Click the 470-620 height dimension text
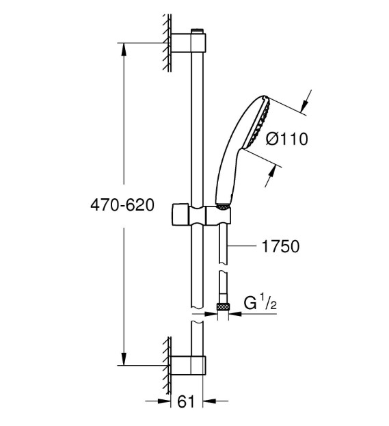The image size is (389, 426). (x=122, y=205)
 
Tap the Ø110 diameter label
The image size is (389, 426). (x=286, y=139)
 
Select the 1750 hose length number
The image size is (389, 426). (x=280, y=246)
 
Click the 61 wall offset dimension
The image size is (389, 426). (x=186, y=401)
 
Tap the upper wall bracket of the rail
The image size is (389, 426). (x=188, y=42)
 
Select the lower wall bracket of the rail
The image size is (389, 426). (x=188, y=365)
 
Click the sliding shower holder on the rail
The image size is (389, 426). (x=201, y=215)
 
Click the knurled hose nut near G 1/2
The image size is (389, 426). (x=223, y=307)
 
